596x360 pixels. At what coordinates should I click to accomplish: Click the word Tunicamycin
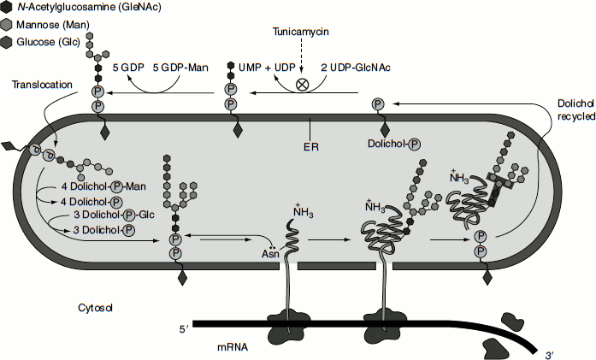pyautogui.click(x=302, y=32)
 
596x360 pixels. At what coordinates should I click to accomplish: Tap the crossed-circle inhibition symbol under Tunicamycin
pyautogui.click(x=302, y=84)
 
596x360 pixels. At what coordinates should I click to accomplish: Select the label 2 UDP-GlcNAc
pyautogui.click(x=355, y=67)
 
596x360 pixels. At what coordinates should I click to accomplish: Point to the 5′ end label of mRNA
pyautogui.click(x=182, y=327)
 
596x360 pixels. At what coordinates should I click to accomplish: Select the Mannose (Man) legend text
pyautogui.click(x=57, y=25)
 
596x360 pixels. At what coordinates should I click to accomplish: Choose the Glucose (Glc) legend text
pyautogui.click(x=55, y=41)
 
